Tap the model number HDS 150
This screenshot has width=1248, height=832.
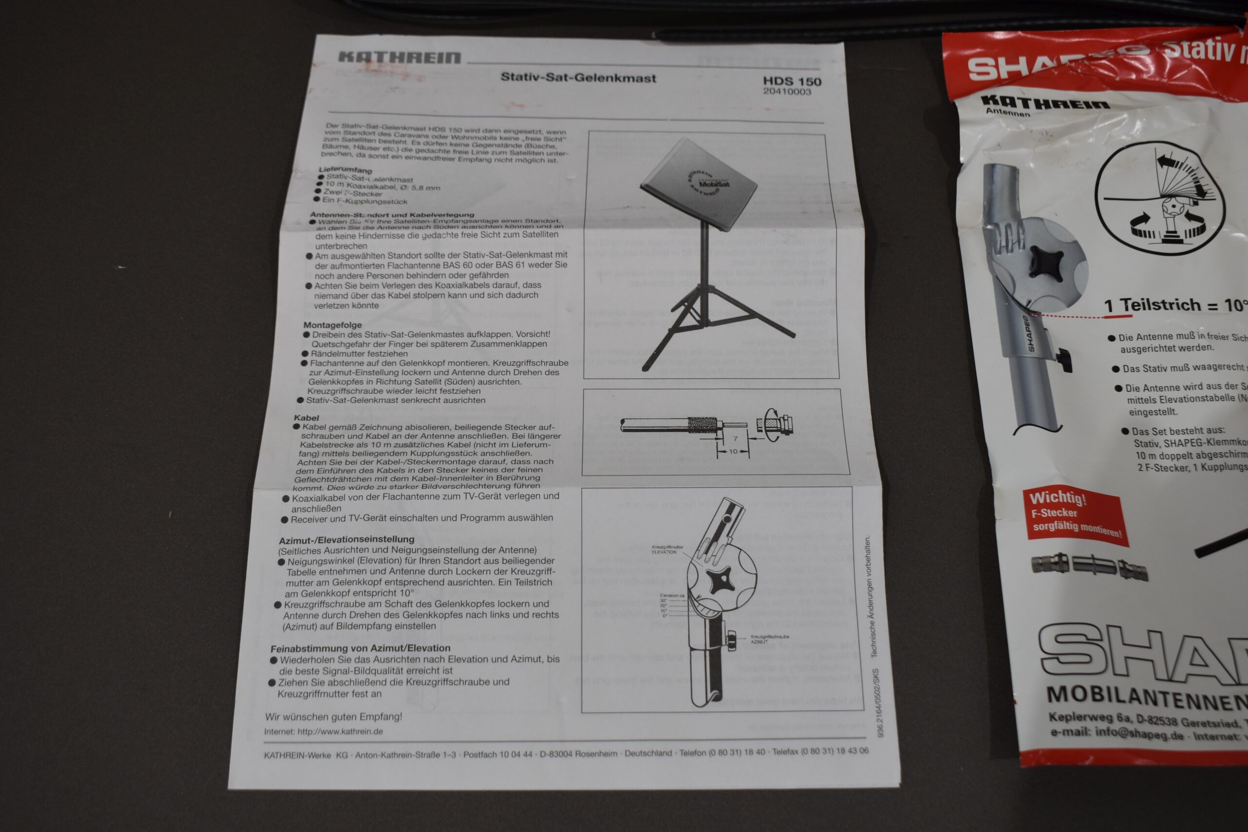click(792, 81)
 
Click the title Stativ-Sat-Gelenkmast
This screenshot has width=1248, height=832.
click(578, 78)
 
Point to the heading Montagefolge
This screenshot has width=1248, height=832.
click(332, 325)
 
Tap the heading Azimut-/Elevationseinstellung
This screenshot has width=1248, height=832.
click(347, 539)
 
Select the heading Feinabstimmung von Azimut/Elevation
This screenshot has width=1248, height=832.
click(360, 648)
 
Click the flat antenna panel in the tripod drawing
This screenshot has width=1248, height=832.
click(699, 184)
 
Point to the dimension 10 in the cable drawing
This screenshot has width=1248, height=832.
click(733, 451)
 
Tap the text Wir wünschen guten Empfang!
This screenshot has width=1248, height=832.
click(333, 716)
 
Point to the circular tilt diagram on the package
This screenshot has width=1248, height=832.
click(1160, 199)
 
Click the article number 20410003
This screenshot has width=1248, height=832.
click(787, 92)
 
